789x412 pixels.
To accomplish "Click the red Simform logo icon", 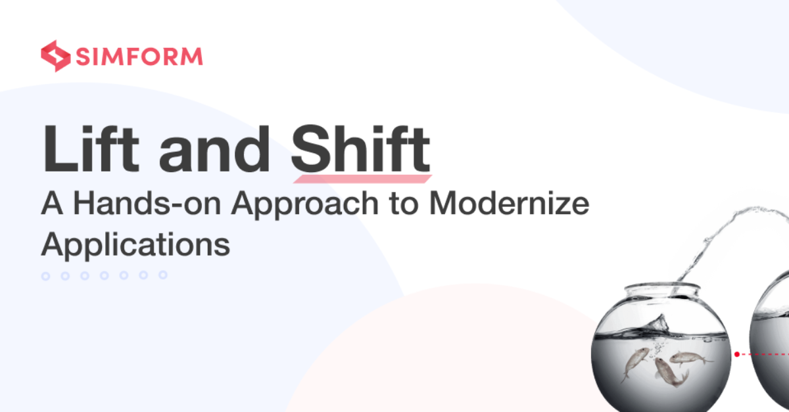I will tap(55, 56).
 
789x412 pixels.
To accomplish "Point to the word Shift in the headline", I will tap(360, 149).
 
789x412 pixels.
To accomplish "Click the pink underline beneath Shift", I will tap(362, 178).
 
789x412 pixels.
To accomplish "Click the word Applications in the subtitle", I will tap(135, 244).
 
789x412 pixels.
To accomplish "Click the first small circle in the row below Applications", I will tap(46, 276).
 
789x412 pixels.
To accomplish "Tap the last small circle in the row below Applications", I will tap(163, 276).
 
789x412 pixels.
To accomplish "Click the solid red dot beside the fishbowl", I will tap(737, 354).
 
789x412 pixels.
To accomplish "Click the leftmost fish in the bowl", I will tap(633, 359).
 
